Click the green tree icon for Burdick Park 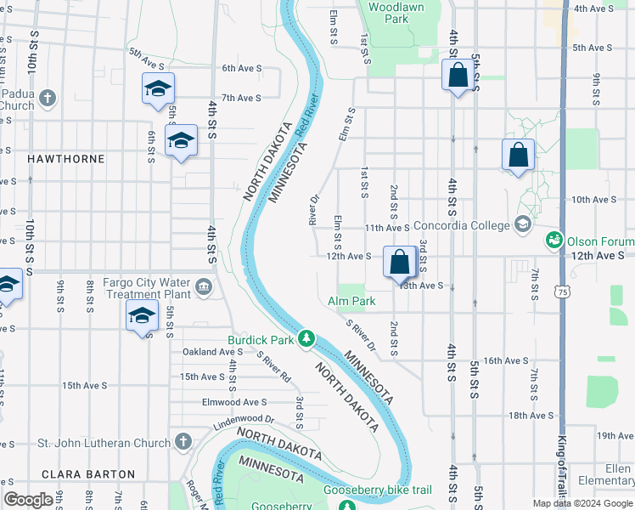coord(306,340)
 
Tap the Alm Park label coord(351,302)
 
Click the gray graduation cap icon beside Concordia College coord(522,225)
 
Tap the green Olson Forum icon coord(554,241)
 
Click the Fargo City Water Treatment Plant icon coord(205,287)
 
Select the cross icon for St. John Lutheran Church coord(183,442)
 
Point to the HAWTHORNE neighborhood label coord(66,159)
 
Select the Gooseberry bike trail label coord(379,490)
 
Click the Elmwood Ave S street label coord(233,402)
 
